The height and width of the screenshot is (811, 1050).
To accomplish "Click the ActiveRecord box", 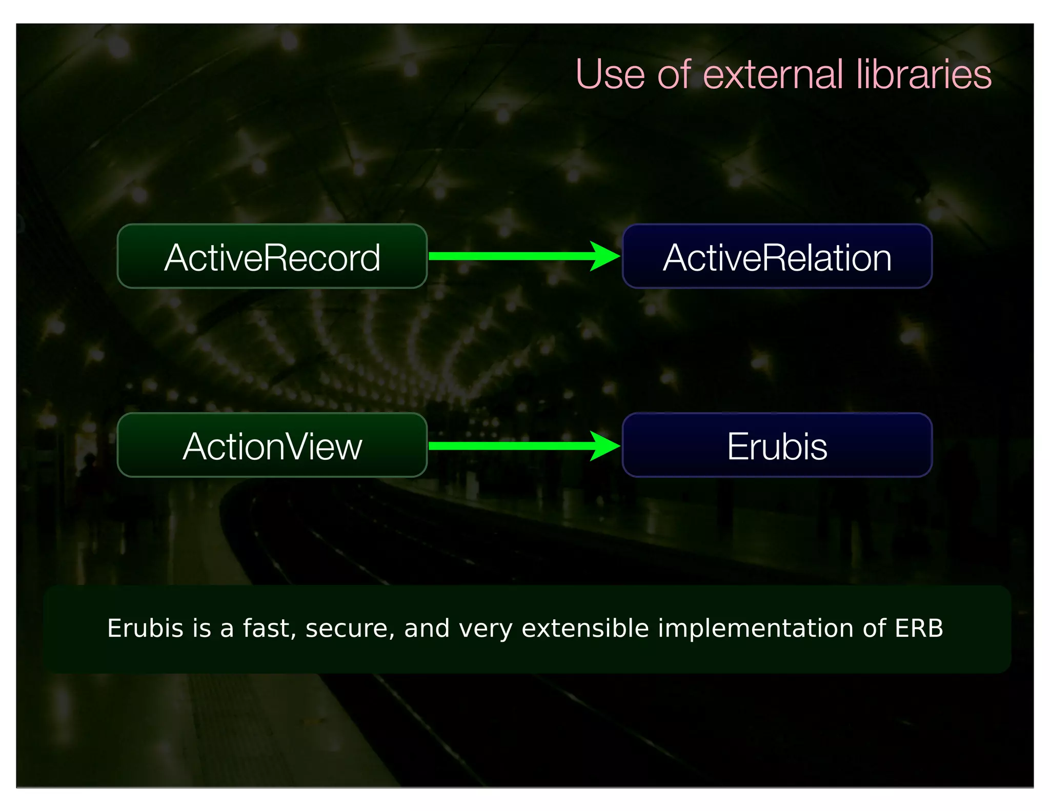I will tap(272, 256).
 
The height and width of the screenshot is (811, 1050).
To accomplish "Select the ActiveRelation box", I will tap(777, 256).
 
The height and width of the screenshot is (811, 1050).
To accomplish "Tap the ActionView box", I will tap(272, 445).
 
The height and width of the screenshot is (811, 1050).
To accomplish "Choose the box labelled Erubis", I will tap(777, 445).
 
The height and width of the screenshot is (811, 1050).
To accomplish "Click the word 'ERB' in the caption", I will tap(919, 628).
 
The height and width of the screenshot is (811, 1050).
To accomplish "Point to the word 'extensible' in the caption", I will tap(585, 628).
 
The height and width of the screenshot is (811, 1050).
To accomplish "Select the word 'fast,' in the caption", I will tap(270, 629).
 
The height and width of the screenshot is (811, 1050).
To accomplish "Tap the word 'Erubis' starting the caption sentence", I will tap(145, 628).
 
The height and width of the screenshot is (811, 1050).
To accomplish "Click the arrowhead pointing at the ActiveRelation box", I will tap(605, 256).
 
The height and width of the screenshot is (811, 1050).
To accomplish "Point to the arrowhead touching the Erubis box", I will tap(605, 445).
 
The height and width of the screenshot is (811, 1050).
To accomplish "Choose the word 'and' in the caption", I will tap(427, 628).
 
